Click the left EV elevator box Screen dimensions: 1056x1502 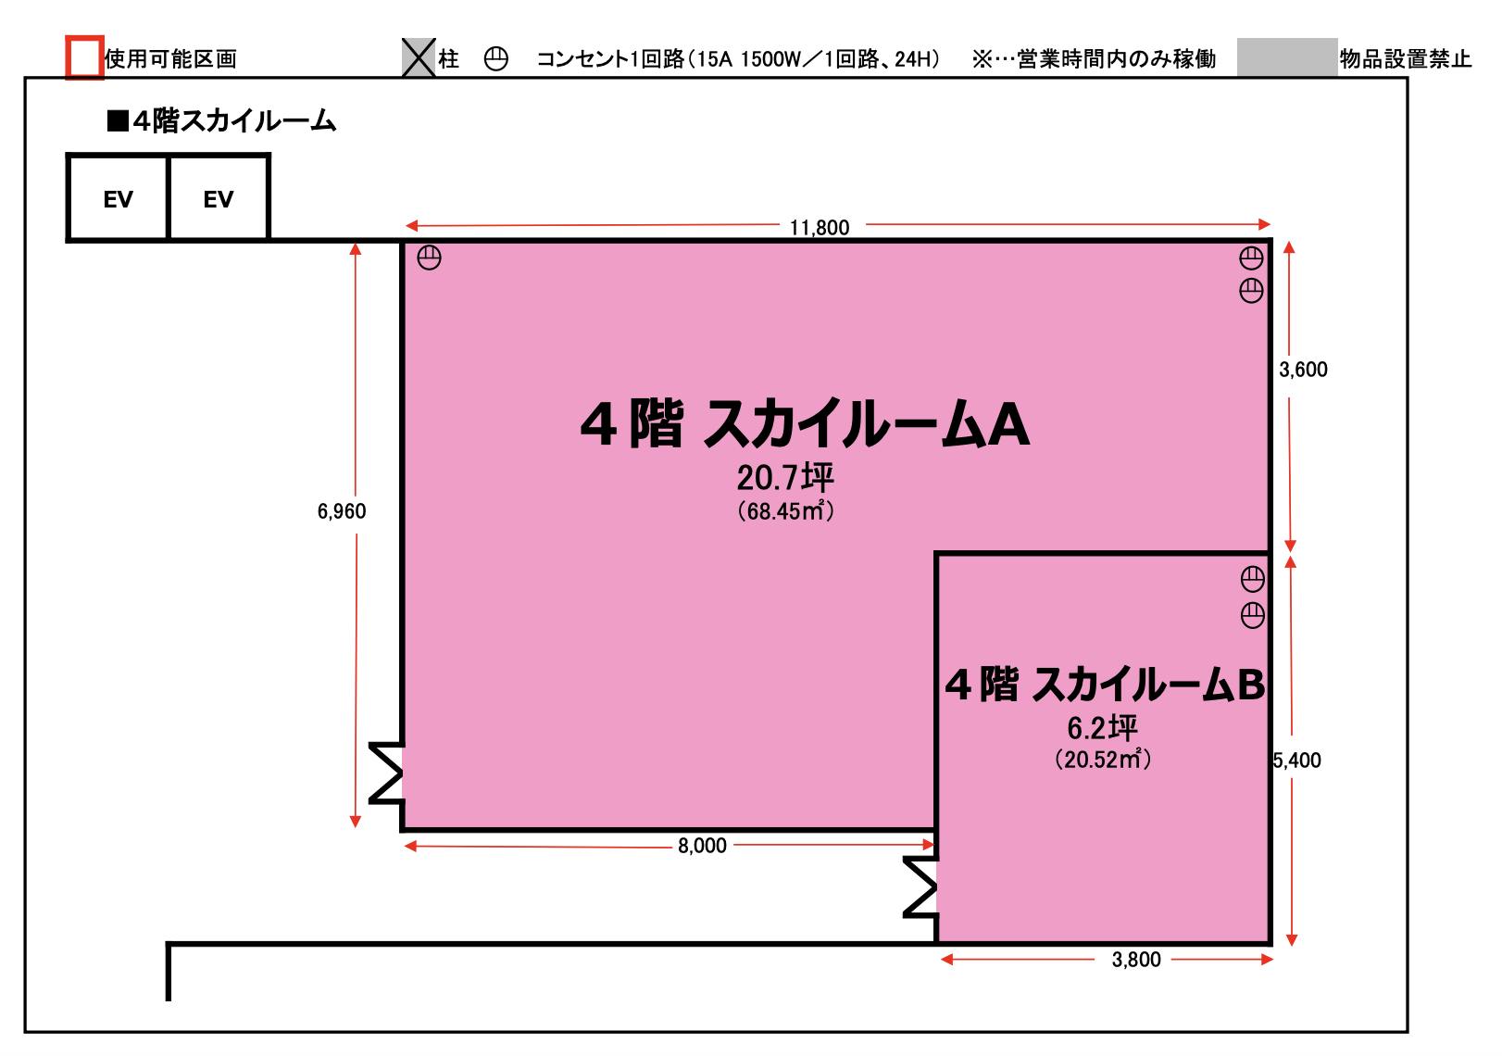pyautogui.click(x=118, y=198)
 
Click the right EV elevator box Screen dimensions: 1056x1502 pyautogui.click(x=219, y=198)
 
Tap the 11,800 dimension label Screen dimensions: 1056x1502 pyautogui.click(x=820, y=227)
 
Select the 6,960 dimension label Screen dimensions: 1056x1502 pyautogui.click(x=342, y=511)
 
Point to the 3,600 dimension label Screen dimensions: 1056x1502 pyautogui.click(x=1303, y=370)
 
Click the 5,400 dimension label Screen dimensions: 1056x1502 pyautogui.click(x=1297, y=761)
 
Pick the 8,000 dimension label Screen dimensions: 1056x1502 pyautogui.click(x=702, y=846)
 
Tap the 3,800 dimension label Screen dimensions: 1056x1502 pyautogui.click(x=1136, y=960)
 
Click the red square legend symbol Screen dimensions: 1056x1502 pyautogui.click(x=84, y=57)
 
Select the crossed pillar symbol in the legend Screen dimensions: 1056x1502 pyautogui.click(x=419, y=58)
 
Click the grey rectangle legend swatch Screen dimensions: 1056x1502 pyautogui.click(x=1287, y=57)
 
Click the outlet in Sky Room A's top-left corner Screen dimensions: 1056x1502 pyautogui.click(x=430, y=258)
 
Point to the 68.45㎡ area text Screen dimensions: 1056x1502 pyautogui.click(x=785, y=511)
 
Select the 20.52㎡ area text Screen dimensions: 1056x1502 pyautogui.click(x=1102, y=760)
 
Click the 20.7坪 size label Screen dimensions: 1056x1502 pyautogui.click(x=785, y=478)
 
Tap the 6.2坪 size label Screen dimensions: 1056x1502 pyautogui.click(x=1102, y=728)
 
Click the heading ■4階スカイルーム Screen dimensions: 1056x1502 pyautogui.click(x=222, y=121)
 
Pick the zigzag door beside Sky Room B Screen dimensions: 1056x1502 pyautogui.click(x=920, y=887)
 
